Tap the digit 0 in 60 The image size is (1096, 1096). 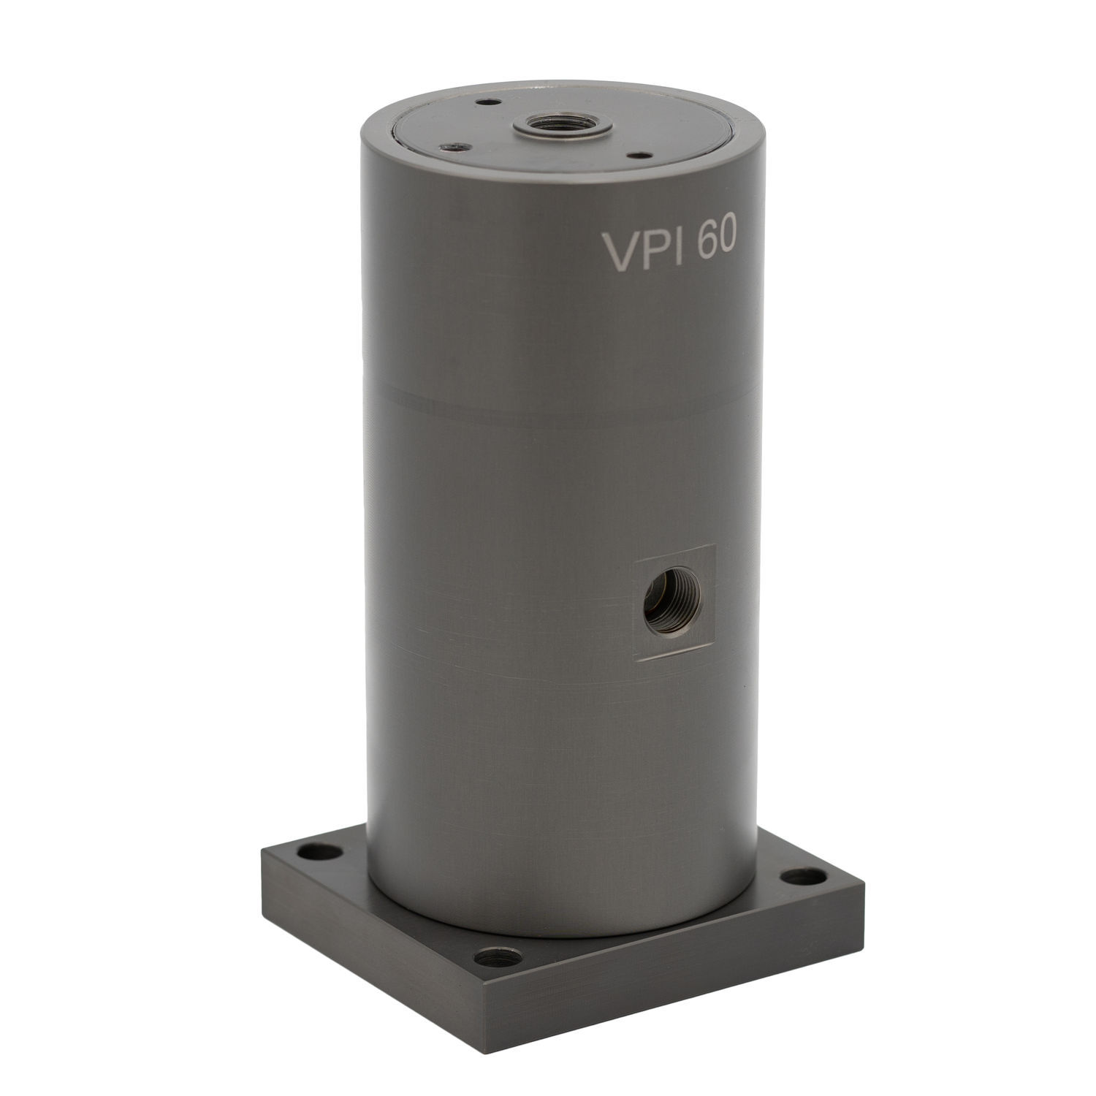[727, 241]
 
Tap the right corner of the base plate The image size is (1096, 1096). [863, 886]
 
